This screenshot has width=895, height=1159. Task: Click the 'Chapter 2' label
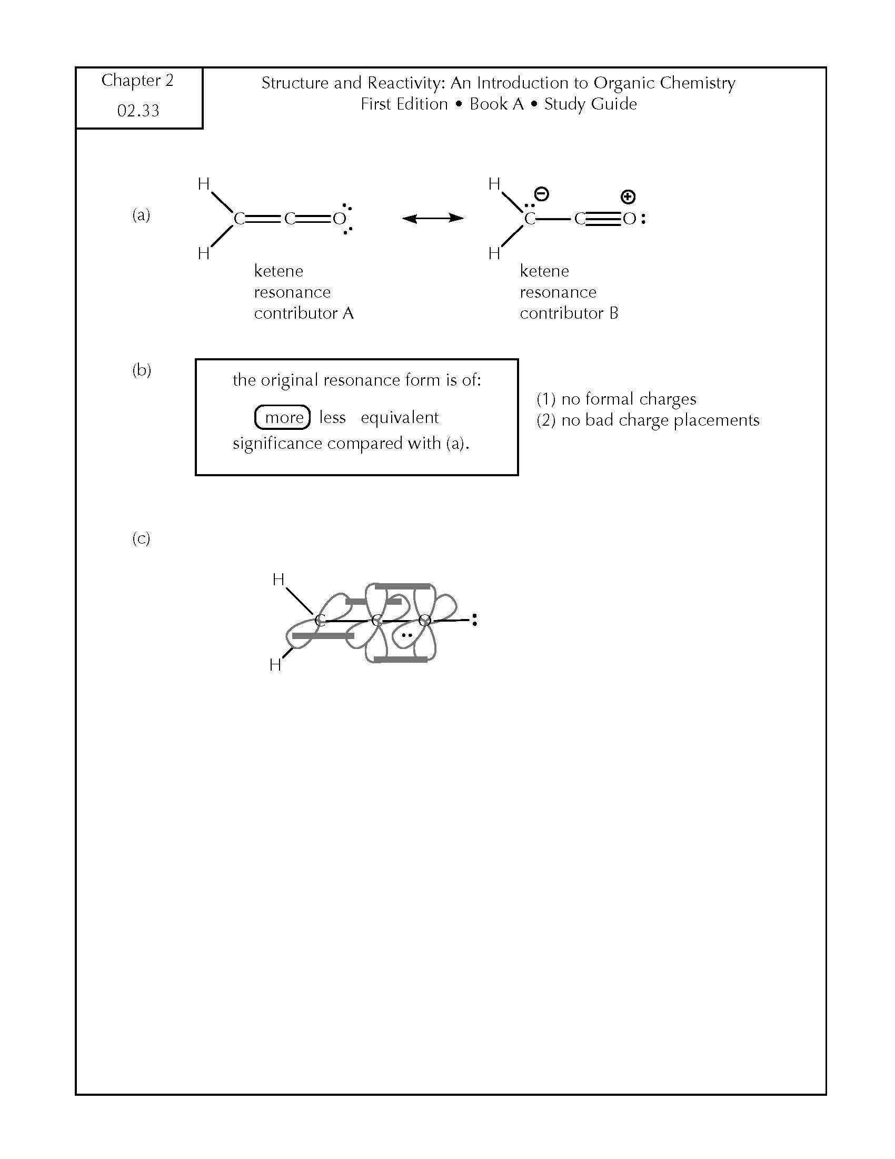click(137, 80)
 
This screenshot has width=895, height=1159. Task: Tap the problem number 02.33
click(138, 111)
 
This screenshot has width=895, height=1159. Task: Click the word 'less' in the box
click(332, 417)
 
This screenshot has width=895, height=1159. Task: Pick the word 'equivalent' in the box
click(400, 418)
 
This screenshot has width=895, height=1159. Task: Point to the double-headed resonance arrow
click(433, 218)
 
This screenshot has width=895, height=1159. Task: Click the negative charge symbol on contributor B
click(541, 194)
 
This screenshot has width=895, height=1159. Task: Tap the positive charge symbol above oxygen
click(628, 198)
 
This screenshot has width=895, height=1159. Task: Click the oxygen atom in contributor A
click(339, 219)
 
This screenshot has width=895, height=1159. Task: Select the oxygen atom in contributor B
click(629, 219)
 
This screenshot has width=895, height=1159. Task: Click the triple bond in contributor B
click(603, 219)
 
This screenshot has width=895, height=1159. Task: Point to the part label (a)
click(141, 215)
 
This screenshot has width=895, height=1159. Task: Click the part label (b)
click(142, 370)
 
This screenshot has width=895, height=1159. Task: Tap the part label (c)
click(141, 538)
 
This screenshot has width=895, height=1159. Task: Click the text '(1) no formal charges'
click(616, 399)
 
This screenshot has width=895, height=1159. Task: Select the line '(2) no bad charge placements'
click(648, 420)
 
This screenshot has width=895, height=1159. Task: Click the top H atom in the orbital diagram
click(279, 579)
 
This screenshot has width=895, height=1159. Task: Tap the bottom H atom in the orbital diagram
click(275, 664)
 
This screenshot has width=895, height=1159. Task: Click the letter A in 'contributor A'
click(348, 313)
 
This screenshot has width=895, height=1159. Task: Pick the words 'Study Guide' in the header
click(591, 104)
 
